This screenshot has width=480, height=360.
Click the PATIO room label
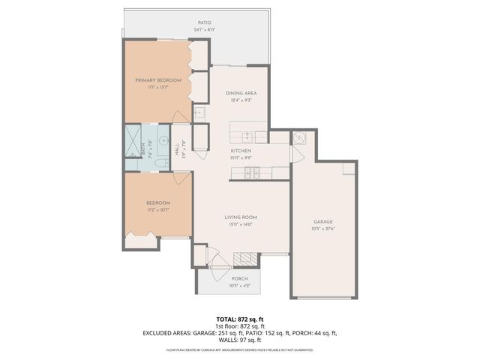point(204,23)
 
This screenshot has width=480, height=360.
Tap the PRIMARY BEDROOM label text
point(155,79)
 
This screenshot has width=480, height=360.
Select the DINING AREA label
point(241,93)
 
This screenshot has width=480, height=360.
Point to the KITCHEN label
point(241,151)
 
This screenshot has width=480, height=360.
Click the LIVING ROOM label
point(241,217)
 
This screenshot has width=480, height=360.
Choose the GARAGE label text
point(323,222)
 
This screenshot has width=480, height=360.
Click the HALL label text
point(178,149)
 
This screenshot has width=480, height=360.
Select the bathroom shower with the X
point(134,140)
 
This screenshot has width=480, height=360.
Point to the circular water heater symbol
point(298,138)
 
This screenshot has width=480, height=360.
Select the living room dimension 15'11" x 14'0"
point(241,223)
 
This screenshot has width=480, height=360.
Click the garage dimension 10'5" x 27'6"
point(323,229)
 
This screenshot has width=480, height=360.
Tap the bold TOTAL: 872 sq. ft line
point(240,319)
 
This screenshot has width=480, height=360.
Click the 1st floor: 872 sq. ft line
point(240,326)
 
